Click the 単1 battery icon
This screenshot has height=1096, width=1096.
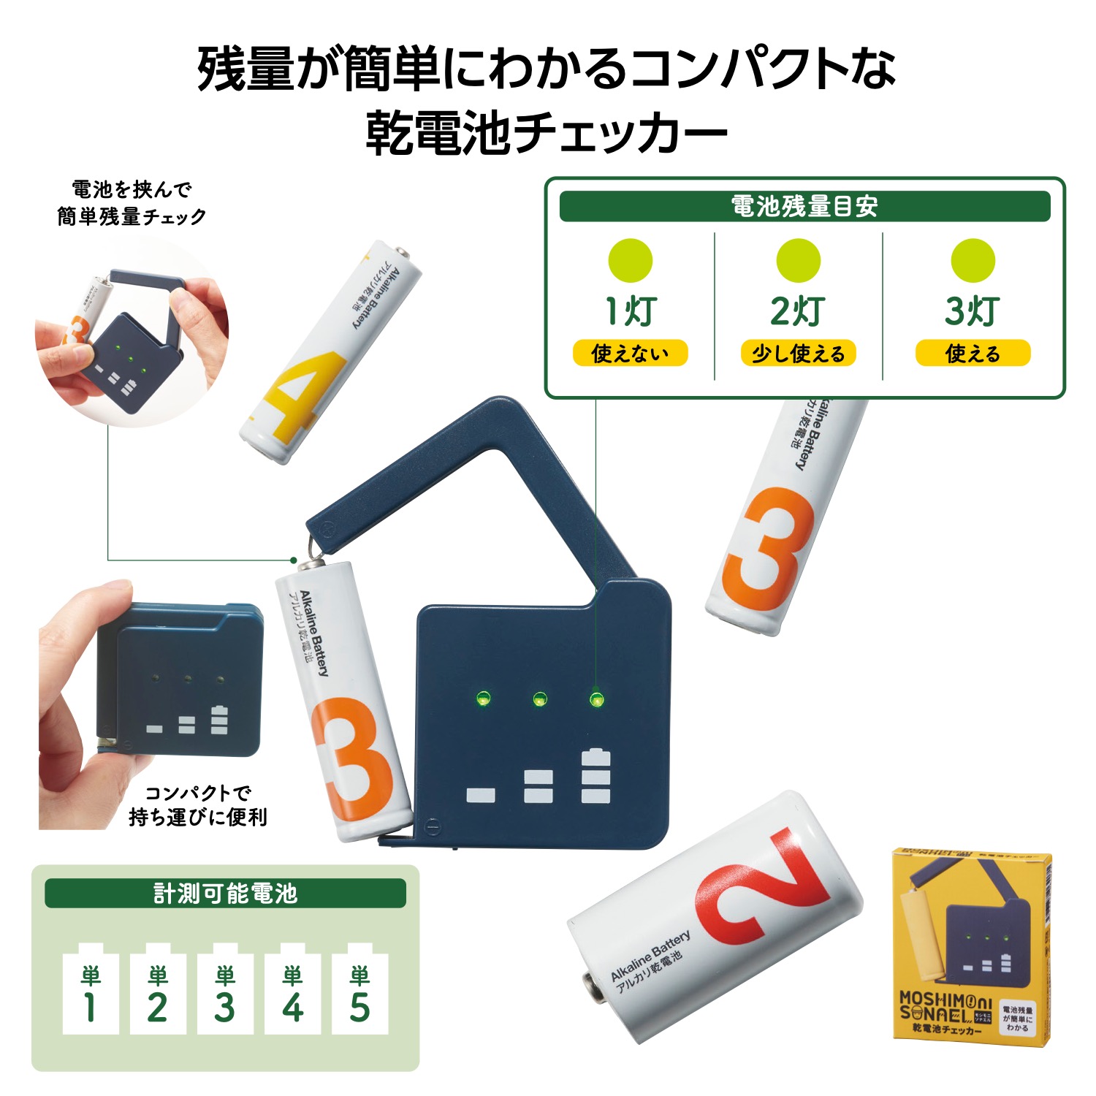click(91, 990)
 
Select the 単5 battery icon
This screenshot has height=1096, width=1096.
click(359, 990)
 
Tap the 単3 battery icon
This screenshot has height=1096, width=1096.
click(225, 990)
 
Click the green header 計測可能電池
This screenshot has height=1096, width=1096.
click(225, 893)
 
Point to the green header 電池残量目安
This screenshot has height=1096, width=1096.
click(804, 207)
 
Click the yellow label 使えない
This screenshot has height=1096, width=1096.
click(630, 354)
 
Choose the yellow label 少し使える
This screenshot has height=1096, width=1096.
click(798, 354)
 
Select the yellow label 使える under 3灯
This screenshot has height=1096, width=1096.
click(973, 354)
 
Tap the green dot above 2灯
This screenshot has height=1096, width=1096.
click(798, 261)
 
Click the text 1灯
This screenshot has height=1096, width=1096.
click(630, 311)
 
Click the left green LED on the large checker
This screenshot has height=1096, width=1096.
click(482, 698)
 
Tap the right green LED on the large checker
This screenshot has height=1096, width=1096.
click(596, 699)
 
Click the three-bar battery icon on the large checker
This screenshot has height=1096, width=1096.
click(595, 776)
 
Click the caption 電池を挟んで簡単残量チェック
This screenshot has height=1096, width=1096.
click(132, 203)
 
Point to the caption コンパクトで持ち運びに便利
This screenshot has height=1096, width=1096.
click(197, 805)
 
